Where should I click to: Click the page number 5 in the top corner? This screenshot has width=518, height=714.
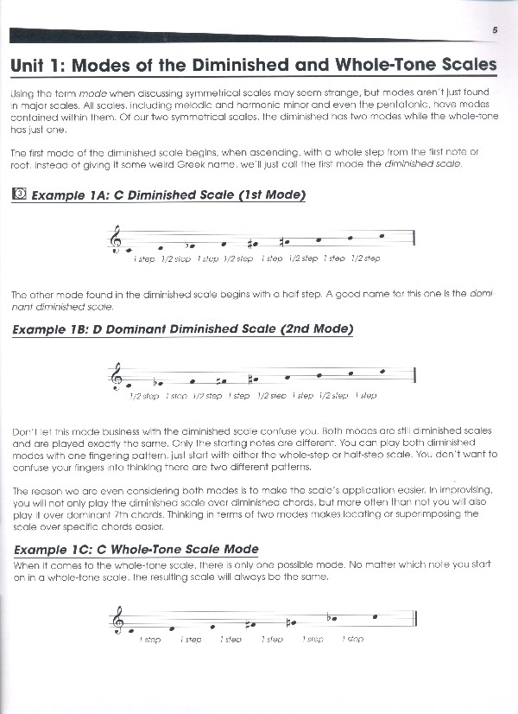pos(496,30)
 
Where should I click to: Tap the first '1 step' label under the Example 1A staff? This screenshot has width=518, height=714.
pos(144,258)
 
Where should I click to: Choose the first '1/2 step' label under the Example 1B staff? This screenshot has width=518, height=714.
pos(144,396)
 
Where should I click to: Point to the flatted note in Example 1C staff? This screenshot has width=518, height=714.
pos(332,617)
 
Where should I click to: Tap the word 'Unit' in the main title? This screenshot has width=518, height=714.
pos(29,65)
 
